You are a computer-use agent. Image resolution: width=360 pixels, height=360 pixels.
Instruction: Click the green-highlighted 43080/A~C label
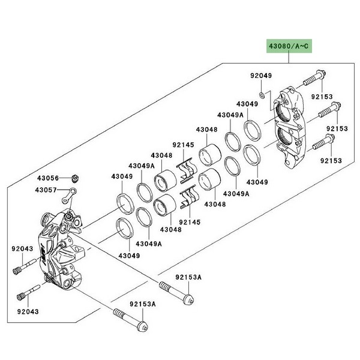288,46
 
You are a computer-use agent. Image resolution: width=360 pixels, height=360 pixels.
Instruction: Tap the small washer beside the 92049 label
265,95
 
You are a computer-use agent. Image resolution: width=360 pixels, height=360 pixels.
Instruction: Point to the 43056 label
47,178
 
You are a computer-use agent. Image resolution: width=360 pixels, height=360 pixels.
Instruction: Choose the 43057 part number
47,190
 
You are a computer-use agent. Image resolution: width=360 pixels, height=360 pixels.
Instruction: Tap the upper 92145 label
184,145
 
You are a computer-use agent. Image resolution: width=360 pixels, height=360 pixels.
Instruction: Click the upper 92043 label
21,248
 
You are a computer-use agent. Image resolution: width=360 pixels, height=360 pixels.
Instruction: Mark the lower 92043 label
21,312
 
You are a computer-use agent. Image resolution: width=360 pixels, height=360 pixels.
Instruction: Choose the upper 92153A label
189,277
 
